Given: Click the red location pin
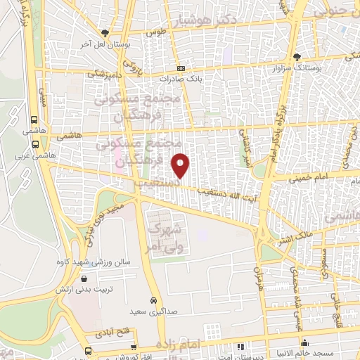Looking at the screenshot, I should pos(181,165).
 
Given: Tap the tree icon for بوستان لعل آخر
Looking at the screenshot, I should pos(105,32).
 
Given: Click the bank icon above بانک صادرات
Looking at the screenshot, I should pos(181,68).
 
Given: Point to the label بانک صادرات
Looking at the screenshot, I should pos(181,79).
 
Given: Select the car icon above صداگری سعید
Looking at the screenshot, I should pos(153,298).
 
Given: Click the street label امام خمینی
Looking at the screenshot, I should pos(310,176).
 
